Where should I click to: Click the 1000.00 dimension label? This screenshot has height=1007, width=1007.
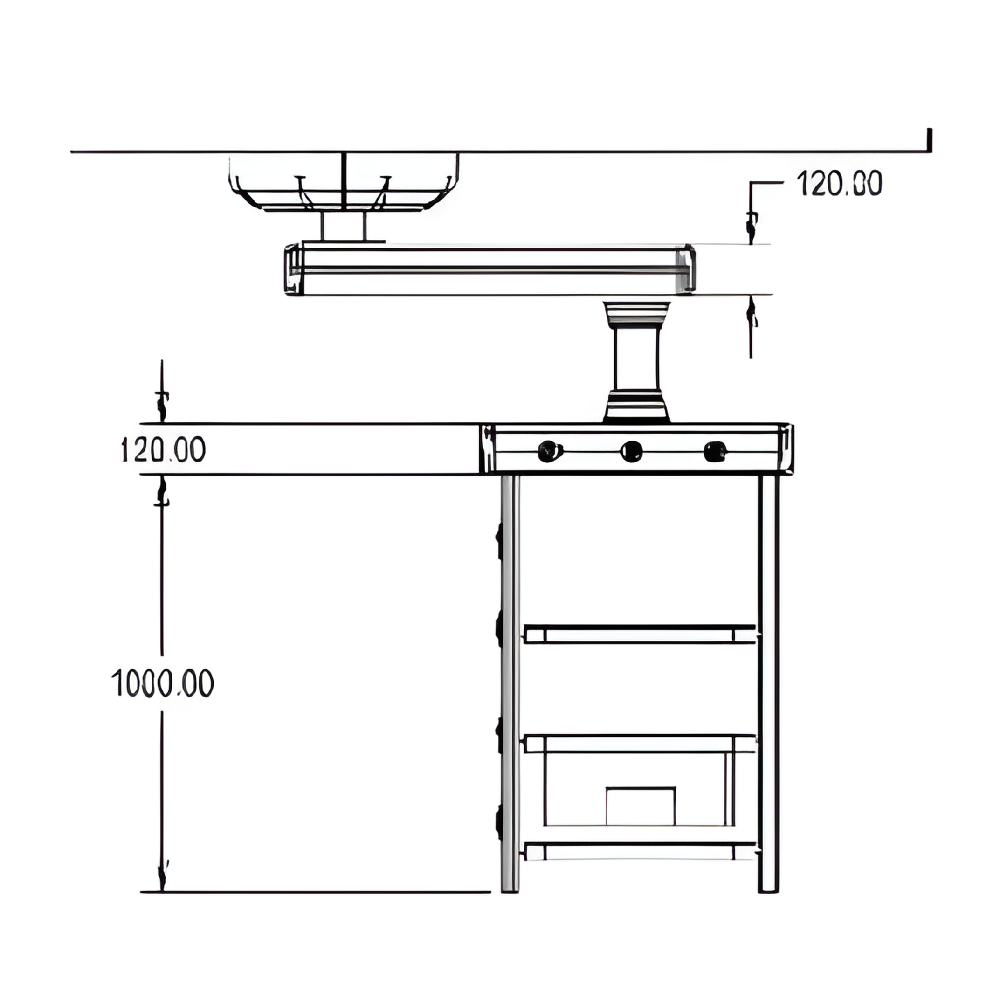pos(163,683)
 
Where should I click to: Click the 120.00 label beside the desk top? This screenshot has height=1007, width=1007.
pos(163,449)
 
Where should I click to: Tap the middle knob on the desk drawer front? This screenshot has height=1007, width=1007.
pos(631,451)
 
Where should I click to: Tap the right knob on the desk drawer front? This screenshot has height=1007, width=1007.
pos(715,451)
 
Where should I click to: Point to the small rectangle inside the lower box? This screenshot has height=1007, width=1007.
pos(641,806)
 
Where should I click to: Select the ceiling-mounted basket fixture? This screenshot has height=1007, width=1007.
pos(344,182)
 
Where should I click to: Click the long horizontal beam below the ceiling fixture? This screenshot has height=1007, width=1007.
pos(490,269)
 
